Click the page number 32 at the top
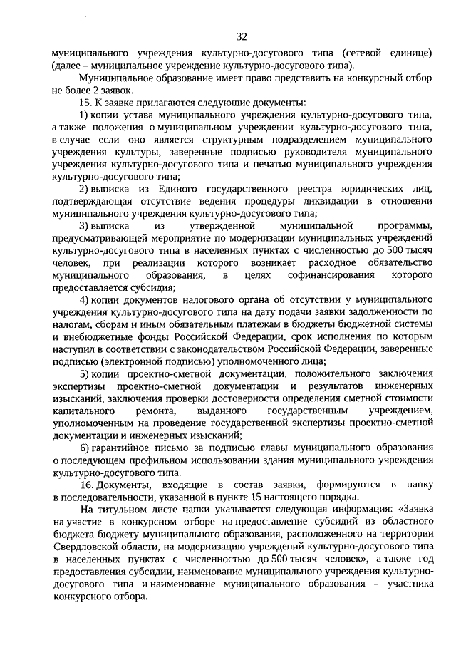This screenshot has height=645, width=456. tap(241, 36)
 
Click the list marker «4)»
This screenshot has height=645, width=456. tap(84, 300)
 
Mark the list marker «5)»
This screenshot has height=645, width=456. tap(84, 374)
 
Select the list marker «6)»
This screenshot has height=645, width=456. tap(84, 448)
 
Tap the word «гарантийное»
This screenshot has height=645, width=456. tap(125, 448)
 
